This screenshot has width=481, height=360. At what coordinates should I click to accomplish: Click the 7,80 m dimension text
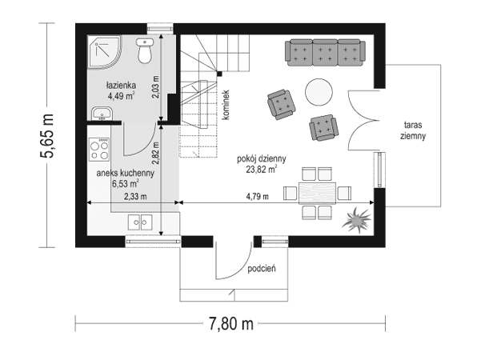coord(230,324)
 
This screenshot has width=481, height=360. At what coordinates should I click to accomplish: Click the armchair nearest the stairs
coord(281,102)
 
